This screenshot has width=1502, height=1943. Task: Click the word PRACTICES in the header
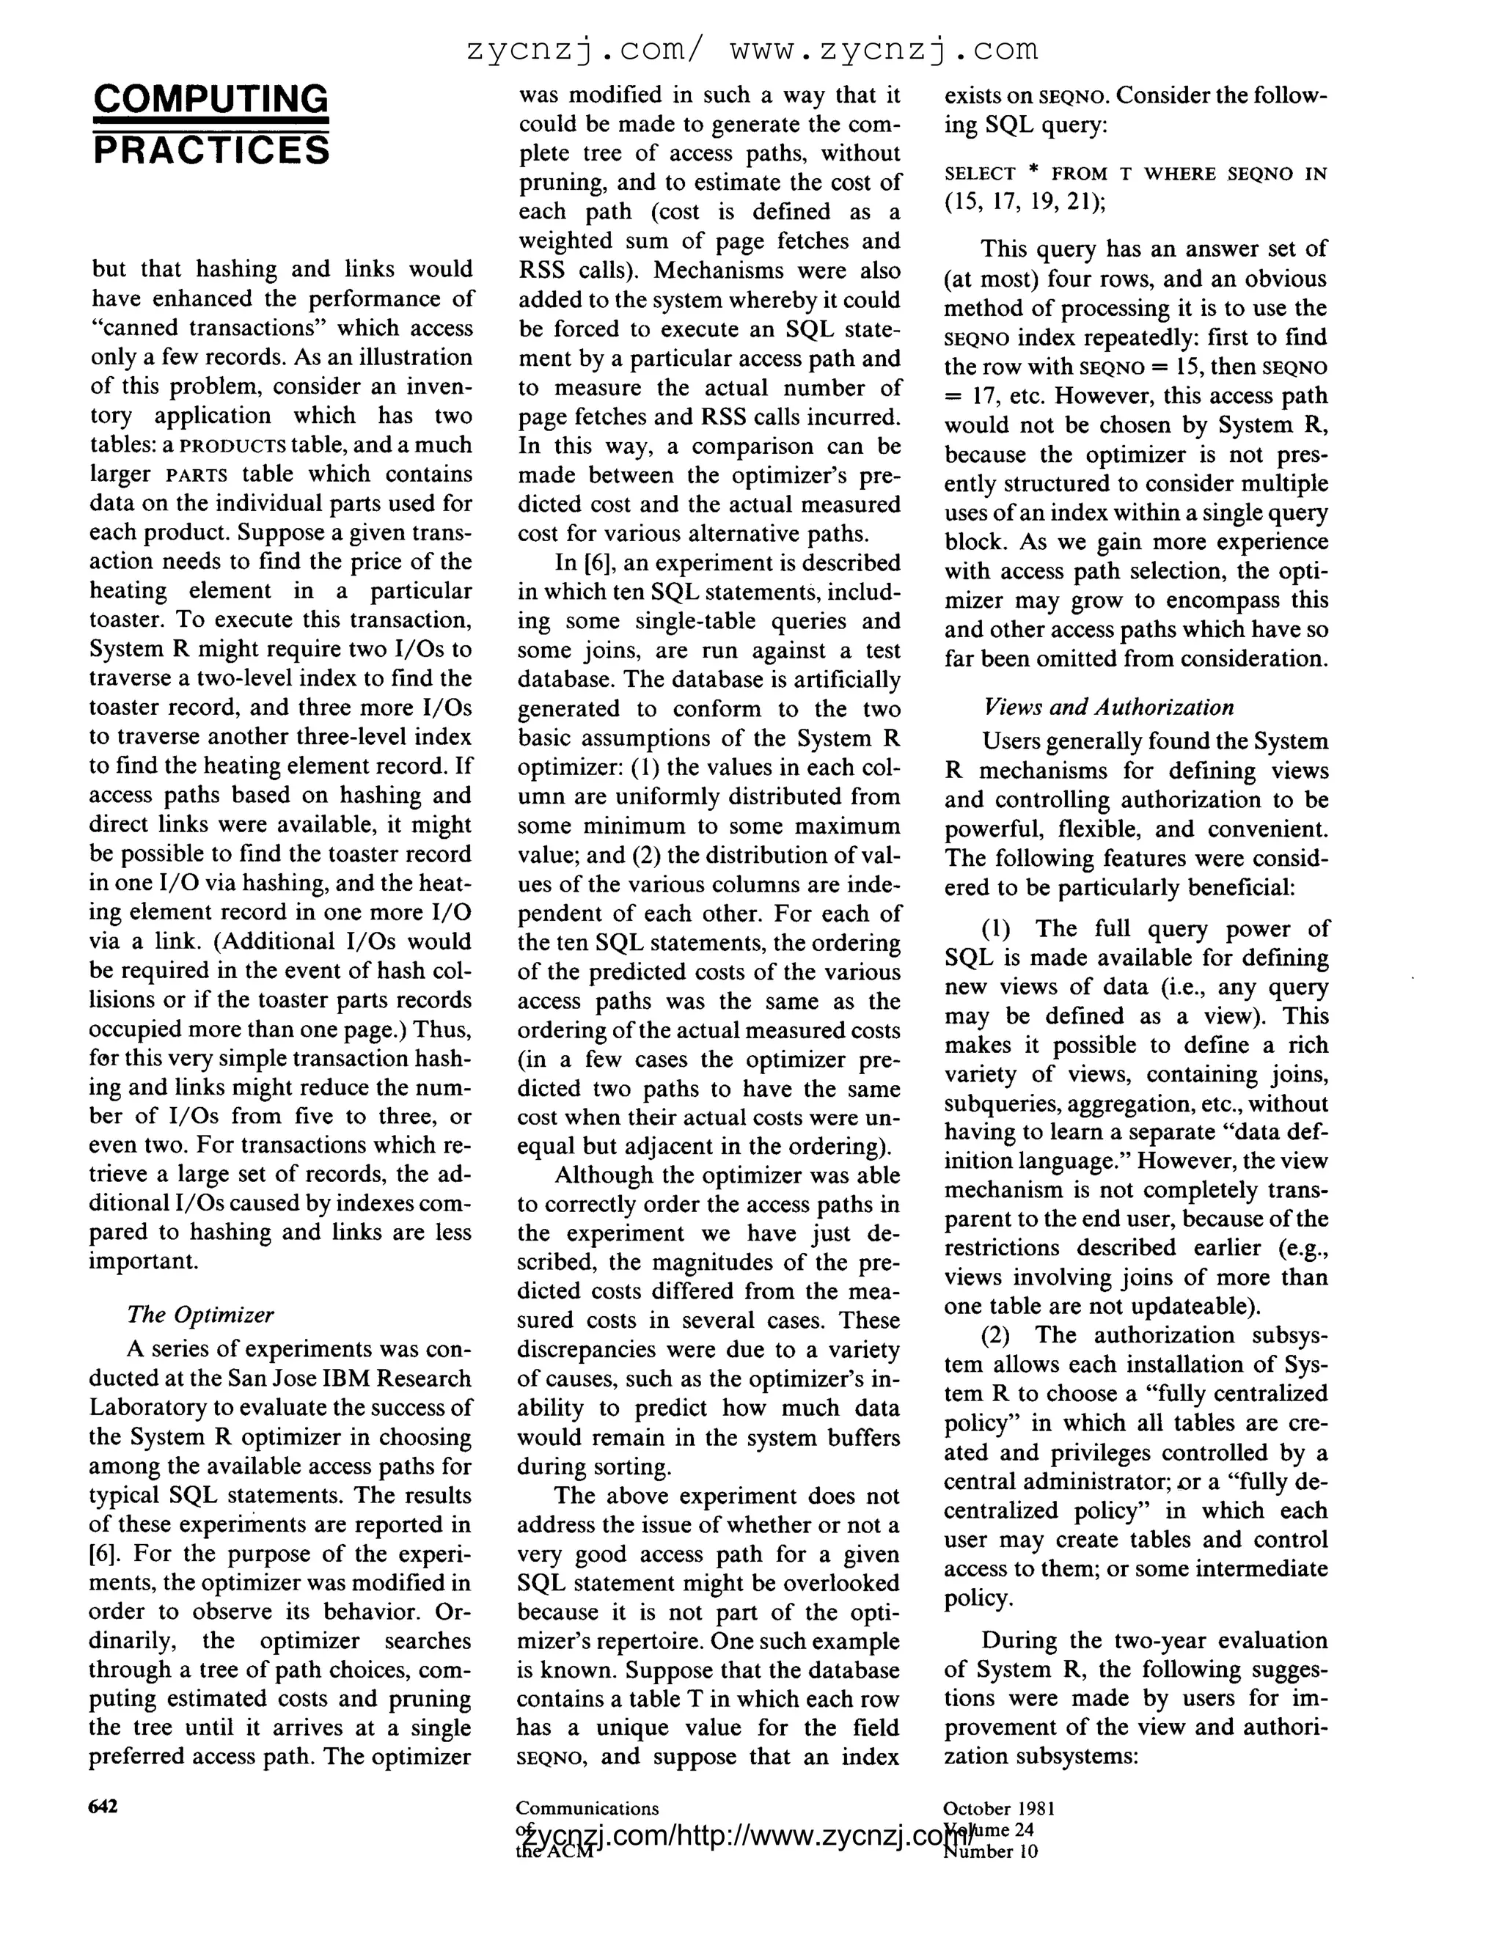point(211,150)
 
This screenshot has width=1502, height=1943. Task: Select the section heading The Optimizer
point(199,1314)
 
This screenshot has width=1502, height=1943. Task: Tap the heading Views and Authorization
point(1109,708)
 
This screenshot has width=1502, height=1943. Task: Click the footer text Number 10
point(989,1851)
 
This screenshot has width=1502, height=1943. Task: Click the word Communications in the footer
point(587,1808)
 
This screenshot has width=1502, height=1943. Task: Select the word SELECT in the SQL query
point(980,175)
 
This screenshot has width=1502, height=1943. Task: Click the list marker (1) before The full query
point(998,929)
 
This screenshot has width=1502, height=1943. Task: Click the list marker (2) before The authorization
point(998,1335)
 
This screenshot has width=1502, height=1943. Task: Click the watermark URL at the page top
point(752,50)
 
